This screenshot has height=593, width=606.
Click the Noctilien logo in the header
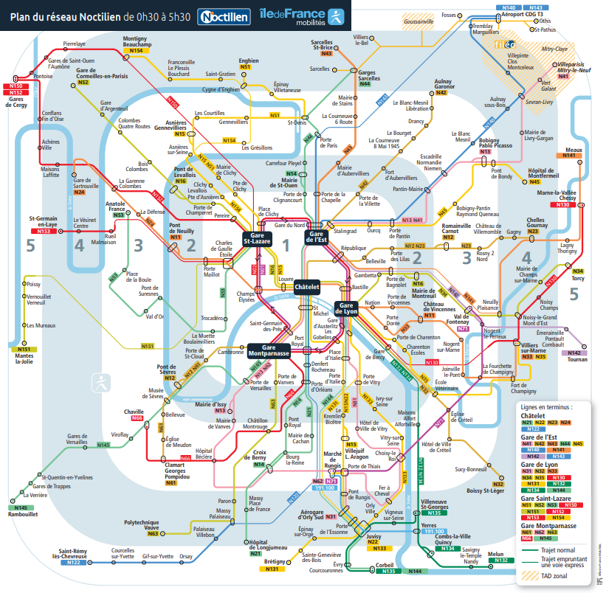pos(224,15)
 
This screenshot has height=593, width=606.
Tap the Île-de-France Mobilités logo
pos(302,15)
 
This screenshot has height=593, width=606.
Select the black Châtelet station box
pos(307,288)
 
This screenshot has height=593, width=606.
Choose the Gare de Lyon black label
pos(348,308)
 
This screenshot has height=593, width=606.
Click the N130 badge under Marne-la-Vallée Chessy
pos(564,204)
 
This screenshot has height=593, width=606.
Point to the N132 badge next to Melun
pos(501,561)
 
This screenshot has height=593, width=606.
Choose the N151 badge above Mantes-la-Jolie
pos(24,349)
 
